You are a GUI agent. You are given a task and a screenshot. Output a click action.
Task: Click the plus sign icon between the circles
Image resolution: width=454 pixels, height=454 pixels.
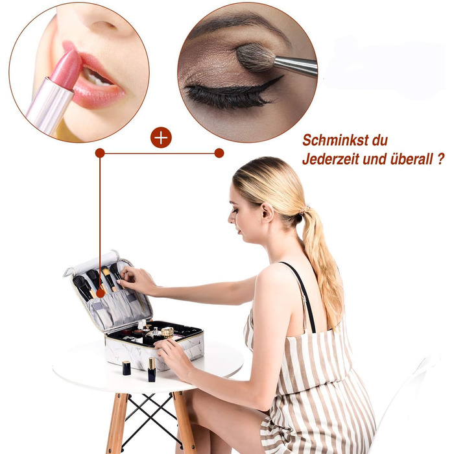(161, 137)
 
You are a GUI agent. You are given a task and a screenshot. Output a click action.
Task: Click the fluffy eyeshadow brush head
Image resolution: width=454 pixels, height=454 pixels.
(255, 57)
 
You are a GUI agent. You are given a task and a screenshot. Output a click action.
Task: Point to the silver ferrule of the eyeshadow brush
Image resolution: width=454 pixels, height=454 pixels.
(295, 66)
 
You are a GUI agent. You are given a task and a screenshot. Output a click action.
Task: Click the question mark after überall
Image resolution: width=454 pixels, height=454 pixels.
(440, 160)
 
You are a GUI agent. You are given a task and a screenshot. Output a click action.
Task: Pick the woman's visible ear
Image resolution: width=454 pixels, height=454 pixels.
(267, 212)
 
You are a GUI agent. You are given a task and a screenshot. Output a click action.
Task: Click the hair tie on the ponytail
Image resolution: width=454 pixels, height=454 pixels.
(304, 209)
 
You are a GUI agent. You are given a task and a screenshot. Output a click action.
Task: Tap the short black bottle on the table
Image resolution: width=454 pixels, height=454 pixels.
(126, 368)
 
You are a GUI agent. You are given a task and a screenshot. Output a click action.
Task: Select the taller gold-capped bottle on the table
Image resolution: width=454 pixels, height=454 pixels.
(152, 370)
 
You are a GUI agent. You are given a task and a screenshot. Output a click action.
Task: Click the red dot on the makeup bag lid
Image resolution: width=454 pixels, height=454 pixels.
(101, 293)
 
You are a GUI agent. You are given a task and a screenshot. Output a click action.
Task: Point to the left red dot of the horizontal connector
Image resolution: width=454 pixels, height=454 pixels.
(100, 153)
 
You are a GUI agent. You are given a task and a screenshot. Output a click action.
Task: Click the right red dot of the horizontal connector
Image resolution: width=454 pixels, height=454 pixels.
(219, 153)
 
